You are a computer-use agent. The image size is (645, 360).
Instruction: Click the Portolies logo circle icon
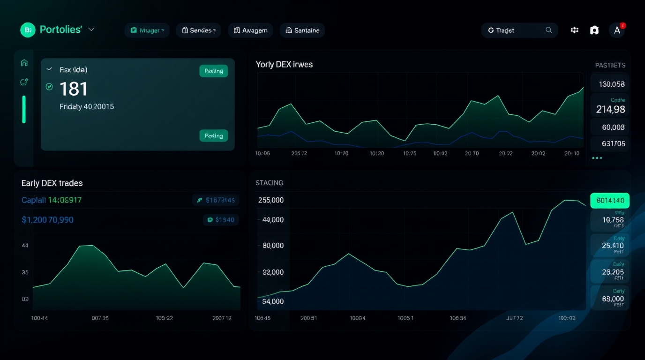pos(28,30)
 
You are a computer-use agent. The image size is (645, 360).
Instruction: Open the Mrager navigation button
pos(147,30)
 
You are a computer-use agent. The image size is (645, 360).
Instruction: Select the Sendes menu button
pos(199,30)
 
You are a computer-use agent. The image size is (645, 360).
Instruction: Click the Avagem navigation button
pos(250,30)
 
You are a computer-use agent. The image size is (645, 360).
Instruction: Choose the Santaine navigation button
pos(302,30)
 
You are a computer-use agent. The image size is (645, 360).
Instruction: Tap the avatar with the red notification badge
pos(617,30)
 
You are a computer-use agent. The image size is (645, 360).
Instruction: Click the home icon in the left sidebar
pos(24,63)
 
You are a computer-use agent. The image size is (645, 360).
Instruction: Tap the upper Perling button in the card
pos(214,71)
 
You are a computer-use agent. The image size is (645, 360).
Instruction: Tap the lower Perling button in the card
pos(214,135)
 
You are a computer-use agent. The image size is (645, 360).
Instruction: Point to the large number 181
pos(74,89)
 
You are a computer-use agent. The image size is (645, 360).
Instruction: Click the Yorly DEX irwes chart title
pos(284,64)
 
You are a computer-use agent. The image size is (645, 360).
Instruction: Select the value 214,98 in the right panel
pos(610,109)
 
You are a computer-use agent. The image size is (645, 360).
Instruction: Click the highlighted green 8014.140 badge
pos(610,201)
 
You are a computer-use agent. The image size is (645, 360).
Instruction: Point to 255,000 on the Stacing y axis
pos(271,200)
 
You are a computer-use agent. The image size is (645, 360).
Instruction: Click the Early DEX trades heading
pos(52,183)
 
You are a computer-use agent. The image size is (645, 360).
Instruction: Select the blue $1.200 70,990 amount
pos(47,220)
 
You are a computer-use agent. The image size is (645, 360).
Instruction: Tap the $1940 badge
pos(221,220)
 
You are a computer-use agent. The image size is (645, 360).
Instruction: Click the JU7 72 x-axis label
pos(515,318)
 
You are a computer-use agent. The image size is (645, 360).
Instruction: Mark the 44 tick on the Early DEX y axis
pos(25,245)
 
